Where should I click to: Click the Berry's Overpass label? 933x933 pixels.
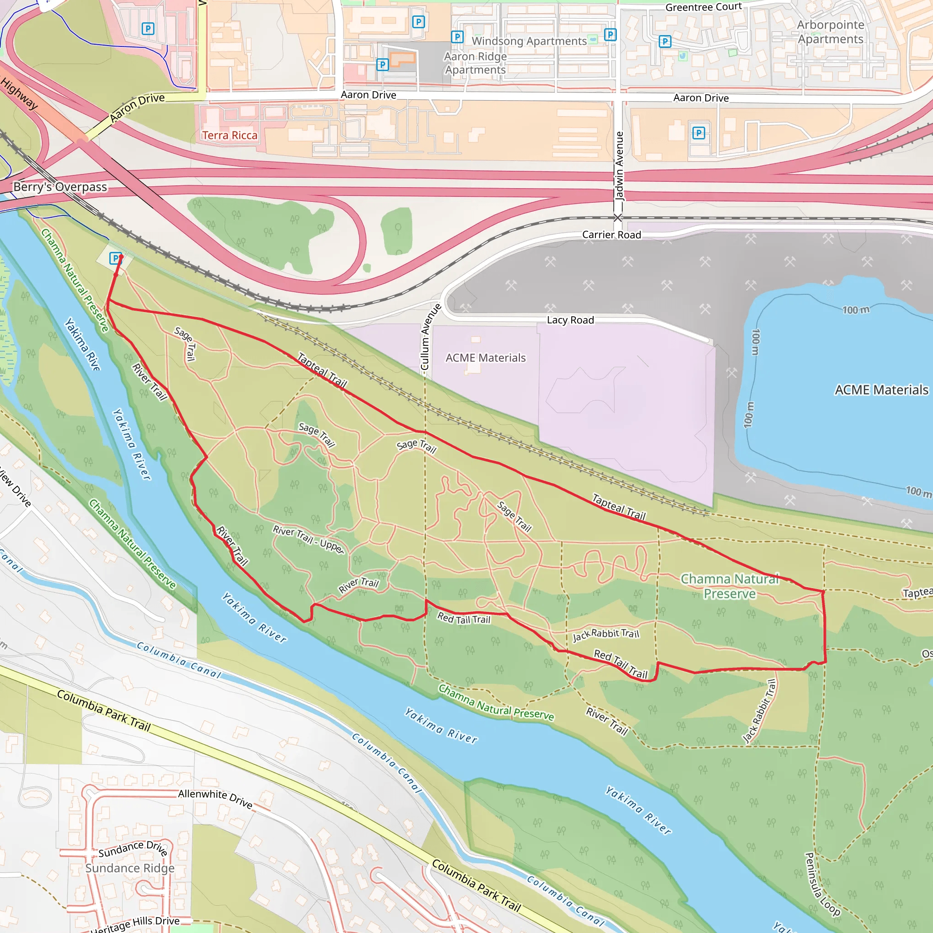tap(61, 187)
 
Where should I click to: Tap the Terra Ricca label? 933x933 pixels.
tap(230, 135)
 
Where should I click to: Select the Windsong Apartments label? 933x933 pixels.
tap(529, 41)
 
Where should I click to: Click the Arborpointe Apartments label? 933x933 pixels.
tap(830, 32)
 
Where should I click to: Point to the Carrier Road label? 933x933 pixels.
tap(611, 235)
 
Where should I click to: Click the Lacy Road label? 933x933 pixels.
tap(570, 320)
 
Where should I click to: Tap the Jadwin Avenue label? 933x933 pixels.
tap(619, 166)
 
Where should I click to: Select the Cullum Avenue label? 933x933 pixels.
tap(425, 337)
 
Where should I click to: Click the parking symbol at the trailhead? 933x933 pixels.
tap(115, 258)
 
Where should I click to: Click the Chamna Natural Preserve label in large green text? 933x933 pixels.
tap(729, 586)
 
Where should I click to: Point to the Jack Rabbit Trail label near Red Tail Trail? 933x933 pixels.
tap(605, 635)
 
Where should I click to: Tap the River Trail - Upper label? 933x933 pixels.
tap(308, 539)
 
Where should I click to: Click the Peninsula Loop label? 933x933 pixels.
tap(822, 884)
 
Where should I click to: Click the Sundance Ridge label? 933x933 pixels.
tap(130, 868)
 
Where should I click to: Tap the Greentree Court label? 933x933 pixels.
tap(703, 7)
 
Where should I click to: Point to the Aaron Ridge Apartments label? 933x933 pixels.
tap(475, 63)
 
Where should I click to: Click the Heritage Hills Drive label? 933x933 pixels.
tap(135, 923)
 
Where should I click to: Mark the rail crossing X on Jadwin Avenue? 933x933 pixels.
tap(618, 218)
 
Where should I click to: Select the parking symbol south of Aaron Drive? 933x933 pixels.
tap(698, 133)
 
